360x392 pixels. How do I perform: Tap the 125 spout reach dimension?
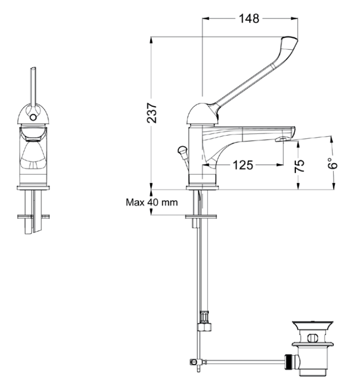coord(243,165)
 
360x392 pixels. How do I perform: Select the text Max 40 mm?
coord(152,202)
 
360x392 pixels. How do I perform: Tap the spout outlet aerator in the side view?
coord(281,140)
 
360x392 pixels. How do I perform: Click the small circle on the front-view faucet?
coord(33,118)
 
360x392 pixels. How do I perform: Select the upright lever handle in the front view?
coord(33,86)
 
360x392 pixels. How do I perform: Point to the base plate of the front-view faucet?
coord(33,188)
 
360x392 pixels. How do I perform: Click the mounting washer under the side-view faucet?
coord(202,217)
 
